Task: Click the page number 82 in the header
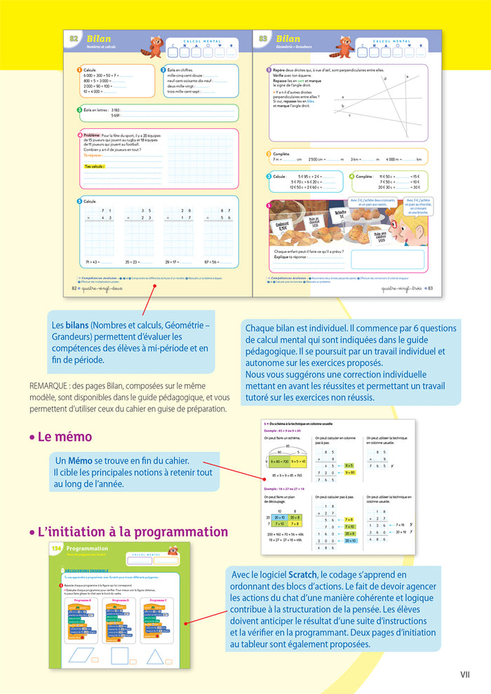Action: click(73, 39)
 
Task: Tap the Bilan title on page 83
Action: click(288, 39)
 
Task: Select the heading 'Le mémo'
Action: click(64, 437)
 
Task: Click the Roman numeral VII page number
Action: click(464, 674)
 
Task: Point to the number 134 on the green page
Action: click(56, 548)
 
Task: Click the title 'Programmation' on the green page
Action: click(87, 548)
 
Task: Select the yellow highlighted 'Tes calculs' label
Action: click(94, 166)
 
